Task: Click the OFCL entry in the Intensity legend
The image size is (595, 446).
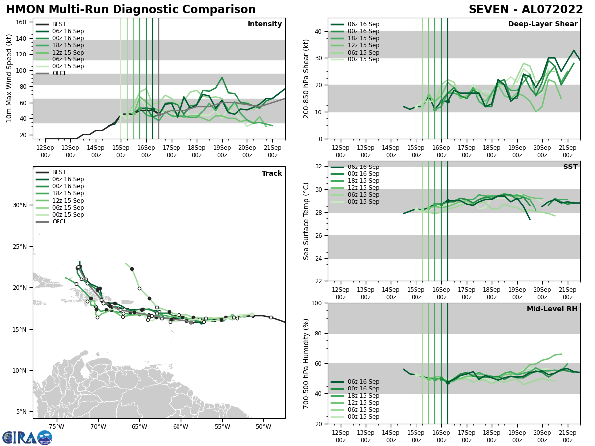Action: [x=59, y=73]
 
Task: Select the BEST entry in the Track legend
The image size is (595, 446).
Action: [x=59, y=172]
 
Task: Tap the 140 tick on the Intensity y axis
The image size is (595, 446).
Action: [x=22, y=38]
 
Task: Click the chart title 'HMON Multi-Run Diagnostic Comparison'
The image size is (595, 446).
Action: [x=131, y=10]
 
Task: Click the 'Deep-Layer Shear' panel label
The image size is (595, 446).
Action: [x=542, y=24]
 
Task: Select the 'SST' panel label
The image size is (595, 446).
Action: [x=570, y=167]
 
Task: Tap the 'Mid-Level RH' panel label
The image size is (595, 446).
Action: [x=552, y=309]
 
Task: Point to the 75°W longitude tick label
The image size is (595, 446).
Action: [x=57, y=427]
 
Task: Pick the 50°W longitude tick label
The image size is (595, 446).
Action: [x=263, y=427]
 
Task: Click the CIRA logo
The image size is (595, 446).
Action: [x=27, y=437]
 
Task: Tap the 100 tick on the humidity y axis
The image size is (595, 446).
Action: [x=317, y=303]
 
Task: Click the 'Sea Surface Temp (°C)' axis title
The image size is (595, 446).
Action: [x=306, y=221]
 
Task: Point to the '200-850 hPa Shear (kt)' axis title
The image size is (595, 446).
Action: [x=306, y=78]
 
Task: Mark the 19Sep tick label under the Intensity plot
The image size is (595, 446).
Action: [x=222, y=151]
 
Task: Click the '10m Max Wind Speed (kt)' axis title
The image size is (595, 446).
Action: [x=9, y=78]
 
